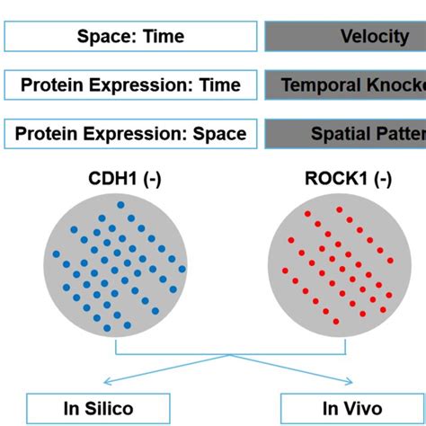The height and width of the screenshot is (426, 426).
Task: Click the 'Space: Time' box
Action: [130, 36]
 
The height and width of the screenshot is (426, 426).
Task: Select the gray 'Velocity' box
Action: [345, 36]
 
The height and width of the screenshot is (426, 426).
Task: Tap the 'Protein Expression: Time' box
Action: [130, 85]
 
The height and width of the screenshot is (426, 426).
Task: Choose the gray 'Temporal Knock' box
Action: [345, 85]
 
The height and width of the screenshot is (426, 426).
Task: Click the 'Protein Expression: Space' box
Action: [130, 134]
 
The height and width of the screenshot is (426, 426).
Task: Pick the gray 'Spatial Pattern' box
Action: [345, 134]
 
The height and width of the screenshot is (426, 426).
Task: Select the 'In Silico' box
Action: [98, 409]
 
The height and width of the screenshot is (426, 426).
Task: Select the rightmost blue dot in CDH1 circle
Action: [182, 268]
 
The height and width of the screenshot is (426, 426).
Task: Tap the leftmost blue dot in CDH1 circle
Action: [56, 253]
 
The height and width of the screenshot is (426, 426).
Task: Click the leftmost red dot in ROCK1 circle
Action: [285, 270]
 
